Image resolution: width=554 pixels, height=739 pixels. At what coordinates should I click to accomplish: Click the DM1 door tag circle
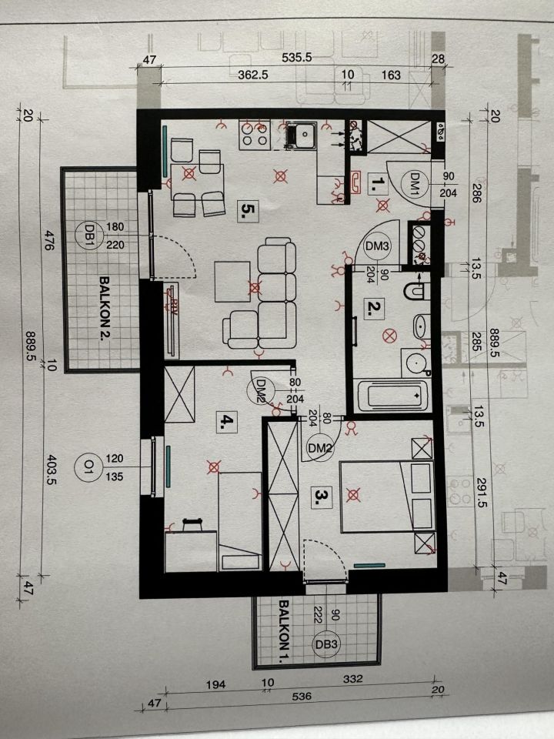pos(415,183)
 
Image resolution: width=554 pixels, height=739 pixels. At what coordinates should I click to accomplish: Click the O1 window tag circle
pos(88,466)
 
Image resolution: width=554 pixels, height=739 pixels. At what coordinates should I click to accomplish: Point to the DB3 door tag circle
pos(327,644)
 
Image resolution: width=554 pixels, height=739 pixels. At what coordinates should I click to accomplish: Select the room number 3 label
pos(322,497)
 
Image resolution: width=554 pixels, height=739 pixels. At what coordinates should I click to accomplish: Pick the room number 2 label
pos(374,308)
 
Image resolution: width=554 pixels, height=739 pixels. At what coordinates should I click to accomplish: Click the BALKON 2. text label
pos(104,311)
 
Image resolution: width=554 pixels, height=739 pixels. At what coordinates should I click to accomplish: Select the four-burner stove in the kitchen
pos(255,134)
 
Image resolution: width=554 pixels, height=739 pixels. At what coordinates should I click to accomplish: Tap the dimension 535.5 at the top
pos(297,58)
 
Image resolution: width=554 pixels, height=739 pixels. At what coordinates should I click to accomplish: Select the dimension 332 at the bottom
pos(353,679)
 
